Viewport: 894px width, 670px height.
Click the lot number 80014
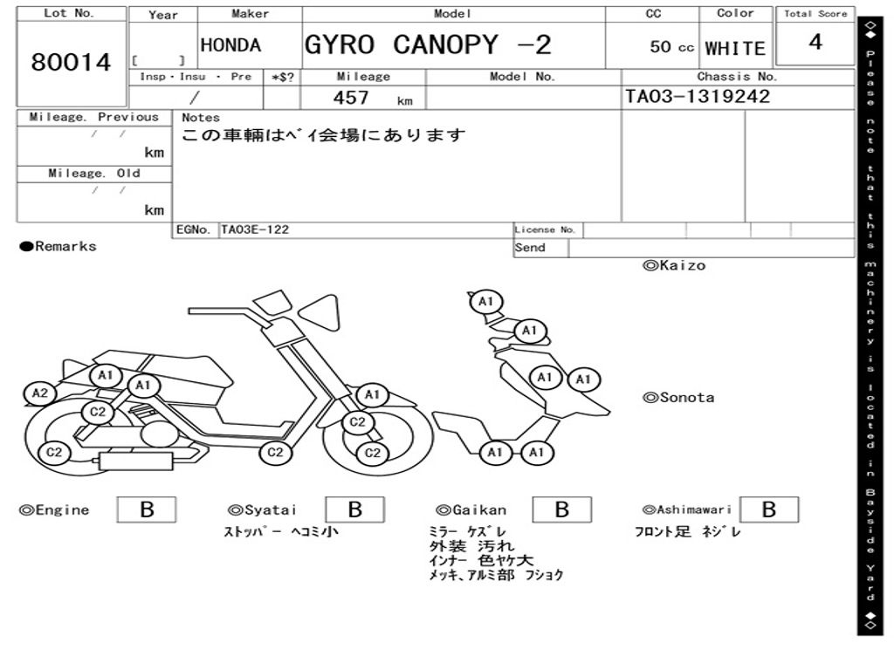tap(72, 63)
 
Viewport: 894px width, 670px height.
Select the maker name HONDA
tap(230, 45)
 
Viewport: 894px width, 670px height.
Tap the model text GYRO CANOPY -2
tap(428, 44)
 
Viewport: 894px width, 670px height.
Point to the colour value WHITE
tap(734, 48)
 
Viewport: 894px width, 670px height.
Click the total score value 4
tap(815, 43)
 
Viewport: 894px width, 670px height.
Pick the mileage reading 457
tap(351, 98)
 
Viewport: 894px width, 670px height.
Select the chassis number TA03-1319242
tap(698, 97)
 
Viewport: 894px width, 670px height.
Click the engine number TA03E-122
tap(255, 230)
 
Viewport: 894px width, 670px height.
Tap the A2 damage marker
tap(40, 393)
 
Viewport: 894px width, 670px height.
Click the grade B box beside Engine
tap(147, 509)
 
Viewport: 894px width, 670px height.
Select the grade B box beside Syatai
tap(354, 509)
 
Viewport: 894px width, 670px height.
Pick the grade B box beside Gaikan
tap(561, 509)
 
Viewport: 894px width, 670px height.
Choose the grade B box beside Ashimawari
tap(768, 509)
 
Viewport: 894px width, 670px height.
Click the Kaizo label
tap(674, 265)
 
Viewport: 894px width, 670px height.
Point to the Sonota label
tap(678, 398)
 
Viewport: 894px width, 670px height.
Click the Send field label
tap(530, 248)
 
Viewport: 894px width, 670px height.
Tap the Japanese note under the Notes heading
tap(323, 136)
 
